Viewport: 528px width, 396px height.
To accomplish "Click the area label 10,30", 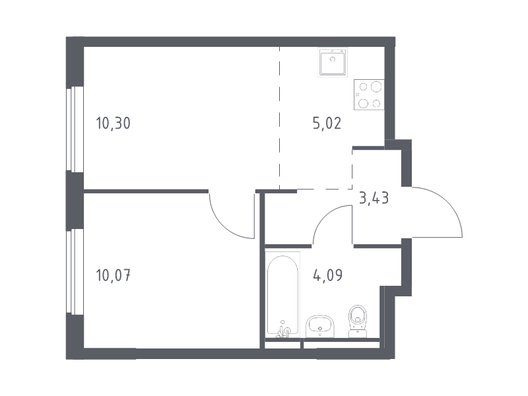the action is [x=113, y=123].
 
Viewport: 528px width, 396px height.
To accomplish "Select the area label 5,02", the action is [x=327, y=123].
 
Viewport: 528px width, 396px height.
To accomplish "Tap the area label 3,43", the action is [x=374, y=198].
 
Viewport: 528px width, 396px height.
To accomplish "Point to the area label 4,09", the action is [x=327, y=275].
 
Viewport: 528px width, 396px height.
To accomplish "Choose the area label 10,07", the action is [x=113, y=275].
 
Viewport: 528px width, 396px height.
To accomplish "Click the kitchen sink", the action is [x=333, y=62].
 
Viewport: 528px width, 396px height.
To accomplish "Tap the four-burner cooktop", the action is [x=369, y=94].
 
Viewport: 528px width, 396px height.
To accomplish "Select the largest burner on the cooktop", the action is [x=376, y=87].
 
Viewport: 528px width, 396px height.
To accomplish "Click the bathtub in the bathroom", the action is [x=282, y=294].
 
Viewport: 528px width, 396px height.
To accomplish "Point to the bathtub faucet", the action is [x=283, y=330].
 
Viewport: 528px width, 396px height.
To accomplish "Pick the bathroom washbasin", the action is [x=319, y=326].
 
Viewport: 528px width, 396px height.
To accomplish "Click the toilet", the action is [x=358, y=321].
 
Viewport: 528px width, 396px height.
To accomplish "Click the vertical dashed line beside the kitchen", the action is [x=279, y=118].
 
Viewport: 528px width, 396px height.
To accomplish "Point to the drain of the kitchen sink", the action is [x=333, y=59].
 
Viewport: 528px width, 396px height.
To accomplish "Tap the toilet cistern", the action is [x=358, y=333].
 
